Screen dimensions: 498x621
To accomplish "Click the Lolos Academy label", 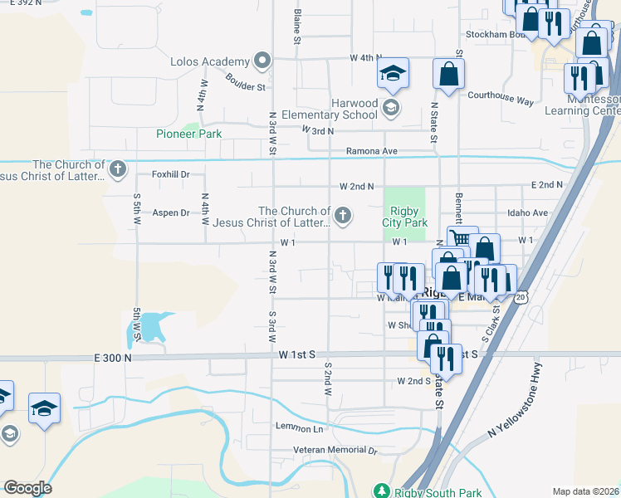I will click(209, 61).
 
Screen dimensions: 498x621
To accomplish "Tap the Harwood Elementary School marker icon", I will click(390, 107).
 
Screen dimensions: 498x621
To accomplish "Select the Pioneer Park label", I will click(189, 134).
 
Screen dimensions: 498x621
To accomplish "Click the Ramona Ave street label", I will click(372, 151).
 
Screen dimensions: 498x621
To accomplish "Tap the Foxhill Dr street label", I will click(171, 174).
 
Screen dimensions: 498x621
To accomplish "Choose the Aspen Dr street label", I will click(171, 212).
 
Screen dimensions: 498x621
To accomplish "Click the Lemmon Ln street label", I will click(300, 428).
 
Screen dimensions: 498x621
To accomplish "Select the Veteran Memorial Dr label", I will click(335, 451).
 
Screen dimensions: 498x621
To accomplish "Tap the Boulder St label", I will click(244, 81).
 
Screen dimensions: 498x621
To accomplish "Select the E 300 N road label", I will click(114, 357).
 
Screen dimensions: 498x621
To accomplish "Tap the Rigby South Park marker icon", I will click(381, 491).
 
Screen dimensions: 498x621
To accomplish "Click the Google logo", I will click(27, 488).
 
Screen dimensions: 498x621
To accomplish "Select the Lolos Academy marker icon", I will click(262, 61).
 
